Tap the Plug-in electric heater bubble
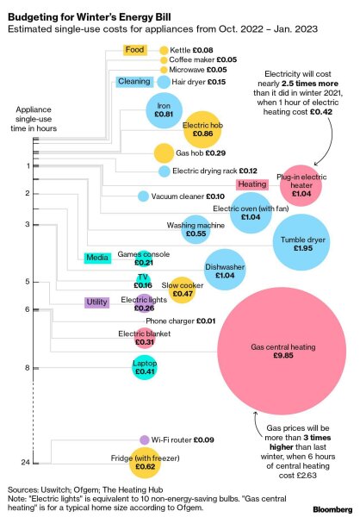(x=300, y=187)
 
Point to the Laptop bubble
(x=144, y=367)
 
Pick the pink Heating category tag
(x=251, y=184)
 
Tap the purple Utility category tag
(x=96, y=302)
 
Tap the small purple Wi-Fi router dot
(x=144, y=440)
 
